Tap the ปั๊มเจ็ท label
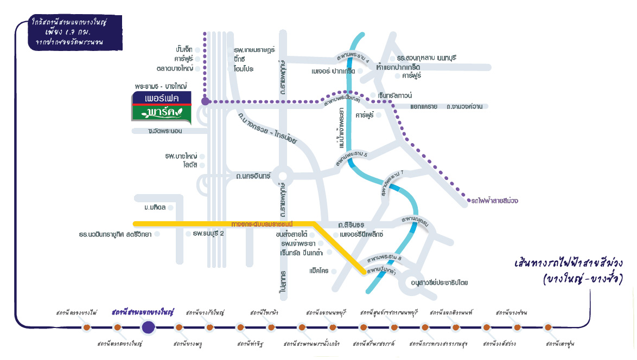[x=181, y=50]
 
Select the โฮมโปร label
[x=244, y=69]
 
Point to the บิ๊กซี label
[x=240, y=59]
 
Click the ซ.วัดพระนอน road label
[x=165, y=131]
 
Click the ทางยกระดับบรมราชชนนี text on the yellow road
[x=262, y=223]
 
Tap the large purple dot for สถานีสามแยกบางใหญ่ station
[x=148, y=327]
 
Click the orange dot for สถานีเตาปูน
[x=548, y=327]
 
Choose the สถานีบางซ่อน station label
[x=511, y=313]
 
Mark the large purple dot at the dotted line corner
[x=205, y=101]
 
